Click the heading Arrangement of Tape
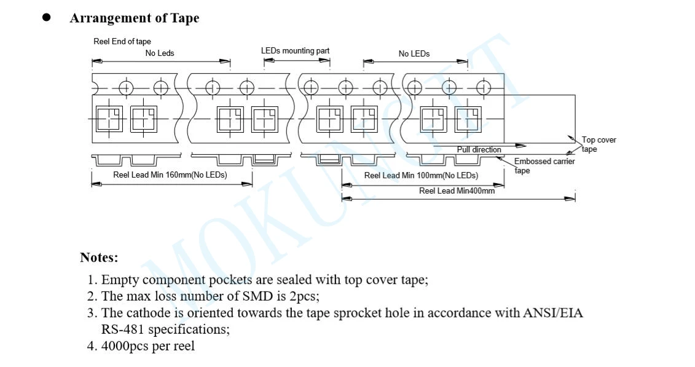click(x=134, y=18)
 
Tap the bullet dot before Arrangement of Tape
click(x=46, y=17)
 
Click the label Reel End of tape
click(x=122, y=42)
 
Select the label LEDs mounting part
click(x=295, y=50)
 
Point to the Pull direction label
click(x=479, y=149)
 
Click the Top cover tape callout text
click(x=599, y=144)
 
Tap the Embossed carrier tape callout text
click(x=544, y=165)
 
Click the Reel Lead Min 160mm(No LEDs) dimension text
click(x=170, y=175)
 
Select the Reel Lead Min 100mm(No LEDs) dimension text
click(x=421, y=175)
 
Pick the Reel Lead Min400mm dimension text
click(x=457, y=191)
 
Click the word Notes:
click(x=99, y=257)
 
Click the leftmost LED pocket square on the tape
click(x=109, y=119)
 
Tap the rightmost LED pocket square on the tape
click(x=468, y=119)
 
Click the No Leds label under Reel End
click(x=160, y=53)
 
